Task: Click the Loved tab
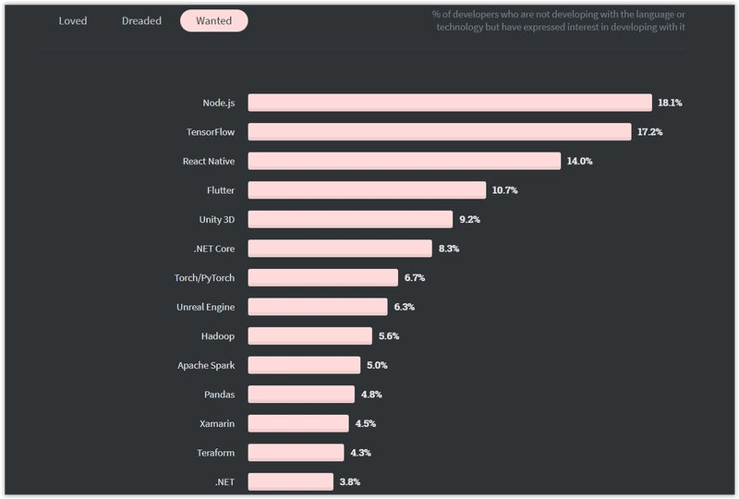72,20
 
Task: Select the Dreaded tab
141,20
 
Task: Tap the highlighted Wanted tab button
213,20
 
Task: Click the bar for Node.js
450,103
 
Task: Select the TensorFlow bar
440,132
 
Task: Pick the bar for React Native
405,161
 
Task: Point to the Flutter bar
367,190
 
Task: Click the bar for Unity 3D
350,219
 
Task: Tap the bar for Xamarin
298,423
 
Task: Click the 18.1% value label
671,103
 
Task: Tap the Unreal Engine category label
205,307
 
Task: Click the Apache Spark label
206,365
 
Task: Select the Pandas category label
219,395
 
